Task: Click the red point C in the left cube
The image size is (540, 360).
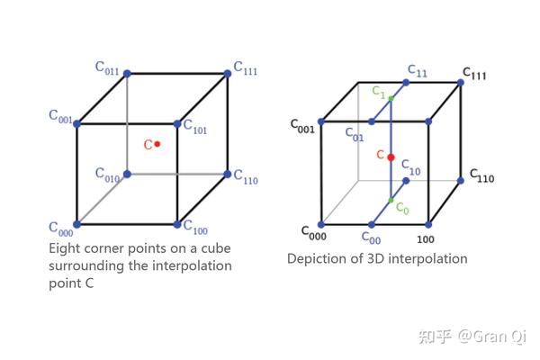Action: coord(157,144)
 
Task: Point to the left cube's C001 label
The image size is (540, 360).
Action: coord(60,116)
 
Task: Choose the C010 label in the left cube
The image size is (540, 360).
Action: coord(107,175)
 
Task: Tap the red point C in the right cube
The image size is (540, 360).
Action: coord(391,157)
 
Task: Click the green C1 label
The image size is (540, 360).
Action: coord(379,91)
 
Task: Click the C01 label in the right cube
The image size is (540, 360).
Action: coord(355,134)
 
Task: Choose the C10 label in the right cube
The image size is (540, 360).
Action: coord(409,168)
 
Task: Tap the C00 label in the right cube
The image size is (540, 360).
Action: coord(371,238)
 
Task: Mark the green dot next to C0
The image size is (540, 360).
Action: coord(391,201)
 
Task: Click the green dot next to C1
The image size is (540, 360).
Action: coord(391,97)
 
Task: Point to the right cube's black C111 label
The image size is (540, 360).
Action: coord(474,74)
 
